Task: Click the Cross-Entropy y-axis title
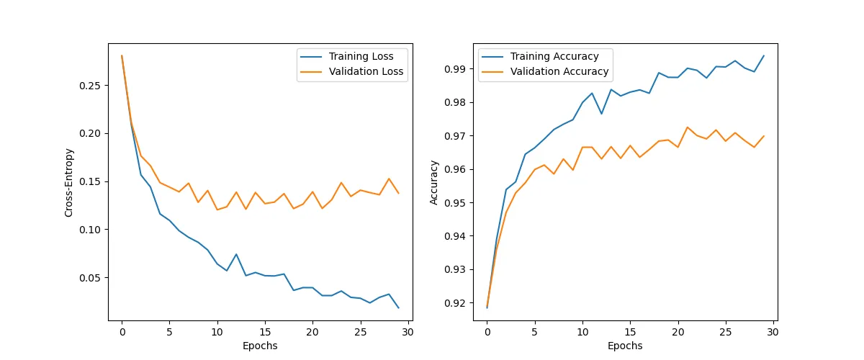coord(69,182)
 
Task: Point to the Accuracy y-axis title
coord(434,182)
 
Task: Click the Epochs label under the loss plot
coord(261,346)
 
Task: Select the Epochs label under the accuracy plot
coord(626,346)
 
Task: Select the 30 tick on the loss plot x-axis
coord(408,332)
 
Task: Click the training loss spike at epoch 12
coord(236,254)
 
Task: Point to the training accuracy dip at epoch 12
coord(601,114)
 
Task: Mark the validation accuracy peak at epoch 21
coord(687,127)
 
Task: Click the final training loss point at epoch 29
coord(398,307)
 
